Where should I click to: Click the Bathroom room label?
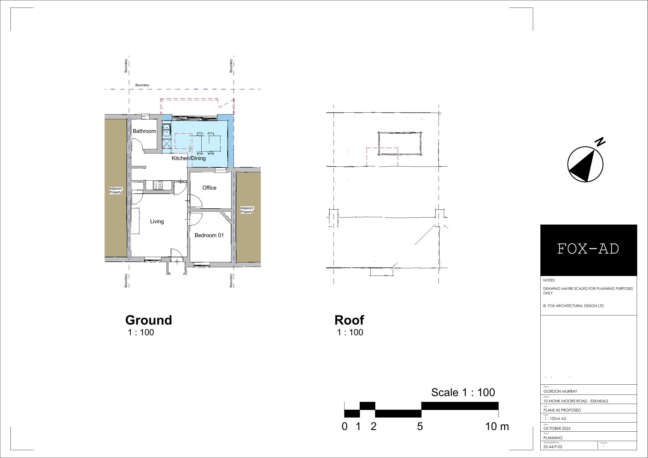(x=144, y=131)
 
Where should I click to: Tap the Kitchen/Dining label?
(x=189, y=158)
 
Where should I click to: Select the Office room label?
(x=209, y=188)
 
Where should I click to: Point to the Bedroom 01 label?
(x=209, y=235)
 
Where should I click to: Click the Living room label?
(x=157, y=221)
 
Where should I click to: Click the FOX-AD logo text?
(x=588, y=249)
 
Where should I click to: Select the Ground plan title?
(x=148, y=320)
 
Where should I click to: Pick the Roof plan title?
(x=349, y=320)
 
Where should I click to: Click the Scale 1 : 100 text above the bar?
(x=463, y=392)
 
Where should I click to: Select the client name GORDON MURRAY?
(x=560, y=391)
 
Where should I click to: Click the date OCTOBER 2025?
(x=557, y=428)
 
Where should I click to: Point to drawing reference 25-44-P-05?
(x=553, y=447)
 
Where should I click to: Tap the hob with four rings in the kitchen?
(x=158, y=185)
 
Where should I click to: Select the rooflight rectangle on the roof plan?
(x=400, y=144)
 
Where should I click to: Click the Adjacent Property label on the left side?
(x=115, y=190)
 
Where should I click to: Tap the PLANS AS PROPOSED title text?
(x=562, y=410)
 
